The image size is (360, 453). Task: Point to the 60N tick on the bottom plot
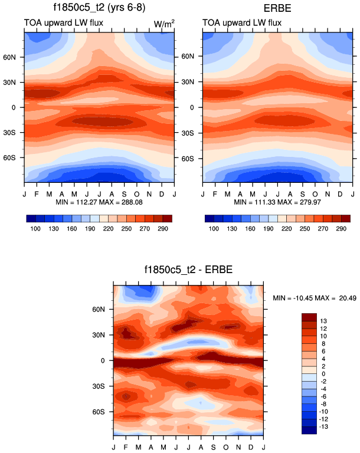coord(104,309)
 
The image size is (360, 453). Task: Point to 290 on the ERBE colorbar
coord(341,227)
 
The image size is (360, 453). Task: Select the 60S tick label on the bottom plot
coord(104,411)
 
